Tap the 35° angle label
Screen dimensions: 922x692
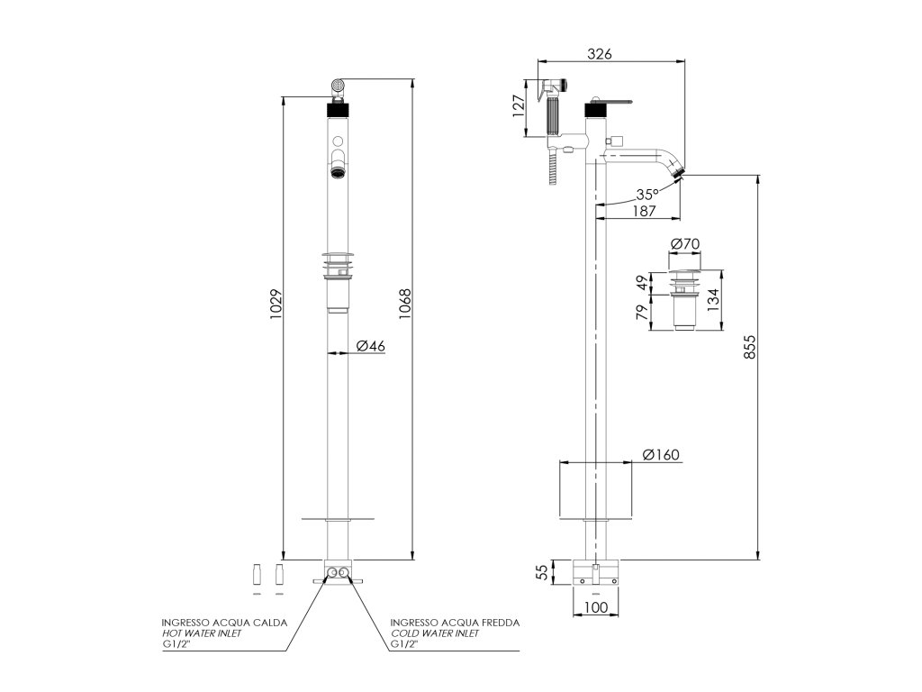[646, 195]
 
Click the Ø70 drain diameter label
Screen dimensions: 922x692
[686, 244]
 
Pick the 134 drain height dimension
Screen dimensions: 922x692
[712, 298]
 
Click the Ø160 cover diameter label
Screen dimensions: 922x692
[661, 454]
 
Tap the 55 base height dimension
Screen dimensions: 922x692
[542, 571]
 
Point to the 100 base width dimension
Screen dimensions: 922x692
[595, 607]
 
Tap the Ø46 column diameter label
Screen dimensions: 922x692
[370, 346]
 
